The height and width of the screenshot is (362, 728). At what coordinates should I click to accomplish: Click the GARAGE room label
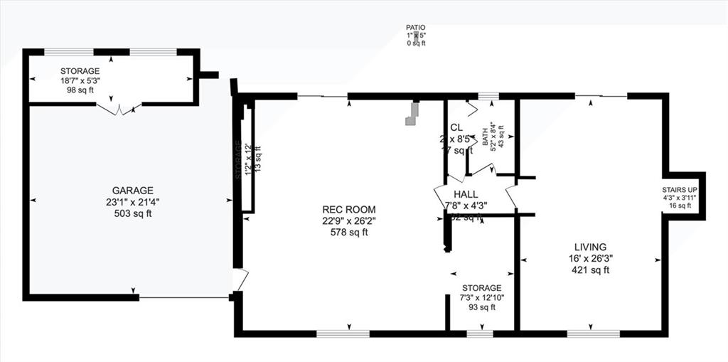tap(132, 191)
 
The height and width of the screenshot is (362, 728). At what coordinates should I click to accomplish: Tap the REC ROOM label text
tap(348, 209)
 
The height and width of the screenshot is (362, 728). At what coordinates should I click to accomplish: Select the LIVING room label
tap(589, 247)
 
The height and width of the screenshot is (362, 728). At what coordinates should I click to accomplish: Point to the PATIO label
tap(416, 27)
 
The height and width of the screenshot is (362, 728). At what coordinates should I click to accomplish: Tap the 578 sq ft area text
tap(348, 232)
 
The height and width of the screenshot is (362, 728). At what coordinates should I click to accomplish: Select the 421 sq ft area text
tap(589, 270)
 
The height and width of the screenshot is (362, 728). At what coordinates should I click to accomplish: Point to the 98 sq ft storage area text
tap(80, 91)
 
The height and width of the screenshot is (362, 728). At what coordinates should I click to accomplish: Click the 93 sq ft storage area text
tap(481, 307)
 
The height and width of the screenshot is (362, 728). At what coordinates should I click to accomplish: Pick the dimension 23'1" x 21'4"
tap(132, 202)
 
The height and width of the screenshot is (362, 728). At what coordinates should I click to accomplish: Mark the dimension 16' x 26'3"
tap(589, 258)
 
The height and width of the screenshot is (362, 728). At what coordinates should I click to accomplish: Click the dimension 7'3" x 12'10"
tap(481, 297)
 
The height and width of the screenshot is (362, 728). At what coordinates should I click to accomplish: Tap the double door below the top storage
tap(119, 109)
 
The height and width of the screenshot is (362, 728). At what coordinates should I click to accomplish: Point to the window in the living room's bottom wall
tap(593, 333)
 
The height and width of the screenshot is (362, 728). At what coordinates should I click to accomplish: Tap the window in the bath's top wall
tap(487, 96)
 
